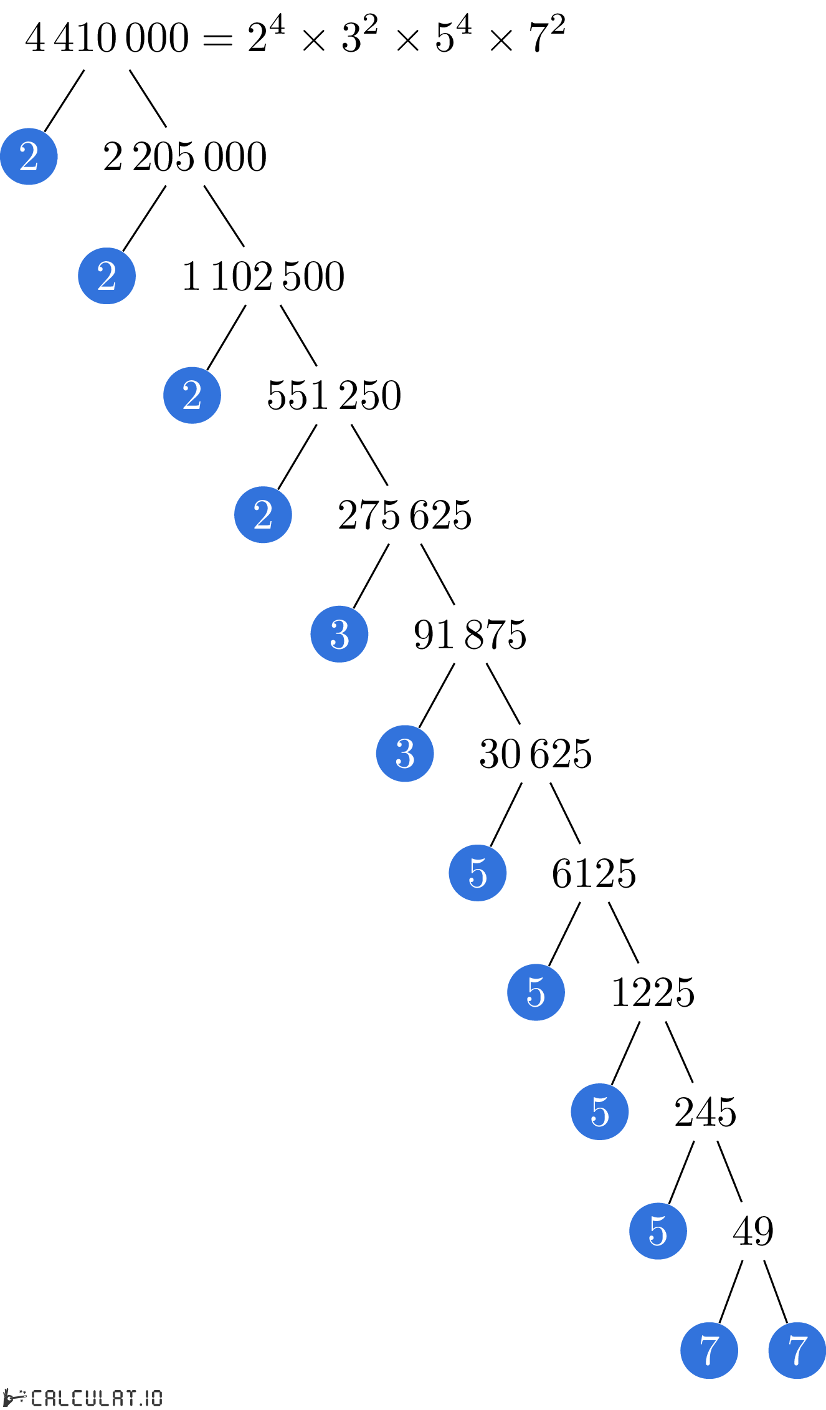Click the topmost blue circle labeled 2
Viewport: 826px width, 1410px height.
[29, 156]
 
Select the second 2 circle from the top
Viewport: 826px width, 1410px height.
[107, 276]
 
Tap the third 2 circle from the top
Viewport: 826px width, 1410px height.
[192, 395]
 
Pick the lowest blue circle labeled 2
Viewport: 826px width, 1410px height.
[263, 514]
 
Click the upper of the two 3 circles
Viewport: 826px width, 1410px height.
[339, 634]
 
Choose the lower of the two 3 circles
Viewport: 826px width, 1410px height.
[405, 753]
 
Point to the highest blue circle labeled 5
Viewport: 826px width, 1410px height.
[478, 873]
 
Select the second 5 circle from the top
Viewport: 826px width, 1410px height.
[536, 992]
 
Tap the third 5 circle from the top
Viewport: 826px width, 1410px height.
[600, 1111]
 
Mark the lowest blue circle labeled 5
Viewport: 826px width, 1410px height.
[658, 1230]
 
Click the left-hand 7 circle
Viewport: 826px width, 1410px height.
[709, 1350]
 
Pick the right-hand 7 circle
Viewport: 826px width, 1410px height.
[797, 1350]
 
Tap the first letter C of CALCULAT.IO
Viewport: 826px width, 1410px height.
[37, 1398]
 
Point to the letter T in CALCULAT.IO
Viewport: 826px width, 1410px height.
[129, 1398]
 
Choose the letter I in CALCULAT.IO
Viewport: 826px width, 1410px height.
[146, 1398]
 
